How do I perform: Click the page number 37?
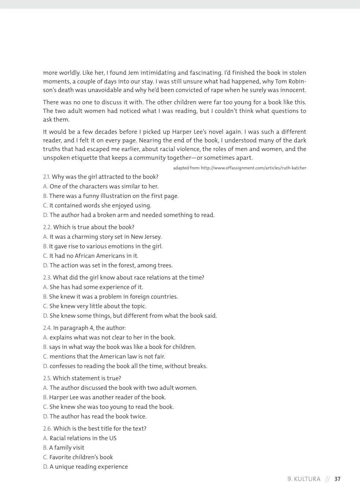(338, 479)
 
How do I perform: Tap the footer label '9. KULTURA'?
(304, 479)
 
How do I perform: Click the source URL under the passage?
(240, 168)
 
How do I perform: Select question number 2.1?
(46, 177)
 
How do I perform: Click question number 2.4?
(47, 328)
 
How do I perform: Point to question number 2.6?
(47, 429)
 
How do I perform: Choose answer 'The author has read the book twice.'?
(98, 416)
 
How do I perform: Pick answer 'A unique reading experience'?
(89, 467)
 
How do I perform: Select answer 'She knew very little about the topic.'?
(98, 306)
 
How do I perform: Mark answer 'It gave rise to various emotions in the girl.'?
(105, 246)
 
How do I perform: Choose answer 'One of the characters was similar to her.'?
(104, 186)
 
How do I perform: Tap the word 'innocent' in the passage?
(293, 90)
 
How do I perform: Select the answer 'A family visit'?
(66, 448)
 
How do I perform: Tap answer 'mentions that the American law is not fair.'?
(107, 356)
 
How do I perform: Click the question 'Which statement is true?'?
(87, 378)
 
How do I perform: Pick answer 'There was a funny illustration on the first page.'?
(114, 196)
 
